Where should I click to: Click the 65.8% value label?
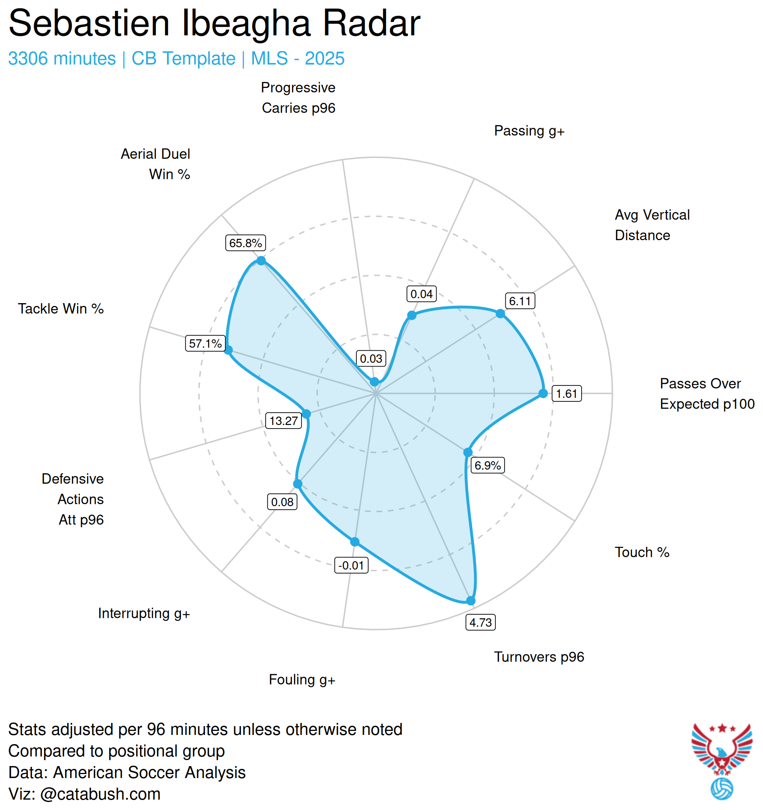245,243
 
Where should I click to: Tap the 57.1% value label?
205,343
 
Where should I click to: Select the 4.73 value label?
480,622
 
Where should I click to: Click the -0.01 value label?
351,565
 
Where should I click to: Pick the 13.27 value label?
283,421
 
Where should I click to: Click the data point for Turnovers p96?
470,601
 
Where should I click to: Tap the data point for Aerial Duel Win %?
261,261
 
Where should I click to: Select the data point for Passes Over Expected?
543,393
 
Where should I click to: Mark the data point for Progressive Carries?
374,382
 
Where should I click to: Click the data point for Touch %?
467,452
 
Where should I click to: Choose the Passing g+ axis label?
529,131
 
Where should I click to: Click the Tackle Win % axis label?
61,308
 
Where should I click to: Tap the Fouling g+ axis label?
302,679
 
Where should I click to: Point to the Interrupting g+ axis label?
144,613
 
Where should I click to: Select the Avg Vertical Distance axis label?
652,225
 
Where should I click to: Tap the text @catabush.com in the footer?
100,794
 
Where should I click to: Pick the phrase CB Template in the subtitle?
183,59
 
